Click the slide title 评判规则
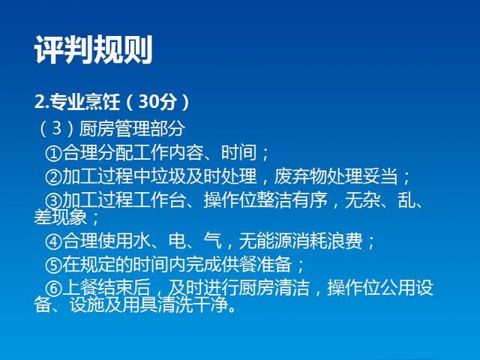point(93,49)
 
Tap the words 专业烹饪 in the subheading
point(85,101)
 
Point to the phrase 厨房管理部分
point(132,128)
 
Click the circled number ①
point(53,153)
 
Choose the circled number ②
point(53,177)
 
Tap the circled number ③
point(53,201)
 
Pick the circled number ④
point(53,241)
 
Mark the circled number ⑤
point(53,265)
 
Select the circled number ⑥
point(53,288)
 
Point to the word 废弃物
point(301,176)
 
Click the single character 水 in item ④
point(142,241)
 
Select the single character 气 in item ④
point(212,241)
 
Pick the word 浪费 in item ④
point(344,241)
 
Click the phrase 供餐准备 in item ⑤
point(256,264)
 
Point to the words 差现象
point(60,217)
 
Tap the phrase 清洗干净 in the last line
point(193,305)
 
